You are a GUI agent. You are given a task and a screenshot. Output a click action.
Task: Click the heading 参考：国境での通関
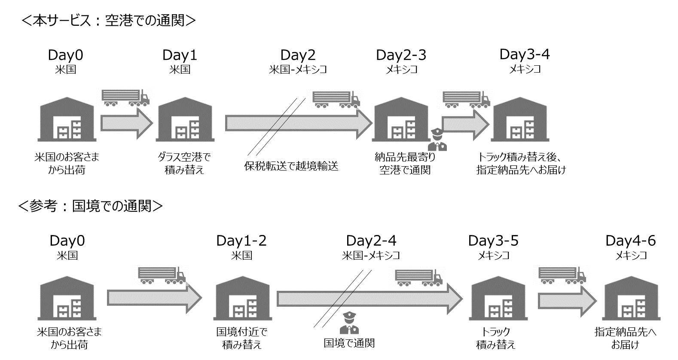[91, 206]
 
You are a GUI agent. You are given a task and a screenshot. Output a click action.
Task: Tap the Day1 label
[180, 55]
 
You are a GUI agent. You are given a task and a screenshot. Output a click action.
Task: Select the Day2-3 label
[401, 55]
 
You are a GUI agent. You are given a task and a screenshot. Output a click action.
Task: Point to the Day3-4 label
[524, 54]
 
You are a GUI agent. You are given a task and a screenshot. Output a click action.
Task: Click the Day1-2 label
[241, 241]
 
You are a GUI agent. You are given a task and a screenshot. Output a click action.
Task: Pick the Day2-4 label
[371, 241]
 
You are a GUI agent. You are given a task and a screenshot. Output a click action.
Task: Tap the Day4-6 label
[630, 241]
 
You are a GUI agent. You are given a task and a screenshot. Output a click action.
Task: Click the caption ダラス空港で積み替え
[184, 164]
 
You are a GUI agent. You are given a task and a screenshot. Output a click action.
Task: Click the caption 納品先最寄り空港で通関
[405, 164]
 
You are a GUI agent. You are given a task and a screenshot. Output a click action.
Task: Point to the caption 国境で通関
[349, 343]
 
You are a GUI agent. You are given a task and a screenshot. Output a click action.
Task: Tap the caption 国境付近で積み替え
[241, 338]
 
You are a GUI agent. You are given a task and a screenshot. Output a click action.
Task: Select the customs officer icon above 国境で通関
[349, 323]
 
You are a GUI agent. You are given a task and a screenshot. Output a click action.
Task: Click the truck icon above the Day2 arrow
[336, 99]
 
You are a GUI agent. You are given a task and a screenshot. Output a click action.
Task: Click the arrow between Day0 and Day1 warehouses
[126, 123]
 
